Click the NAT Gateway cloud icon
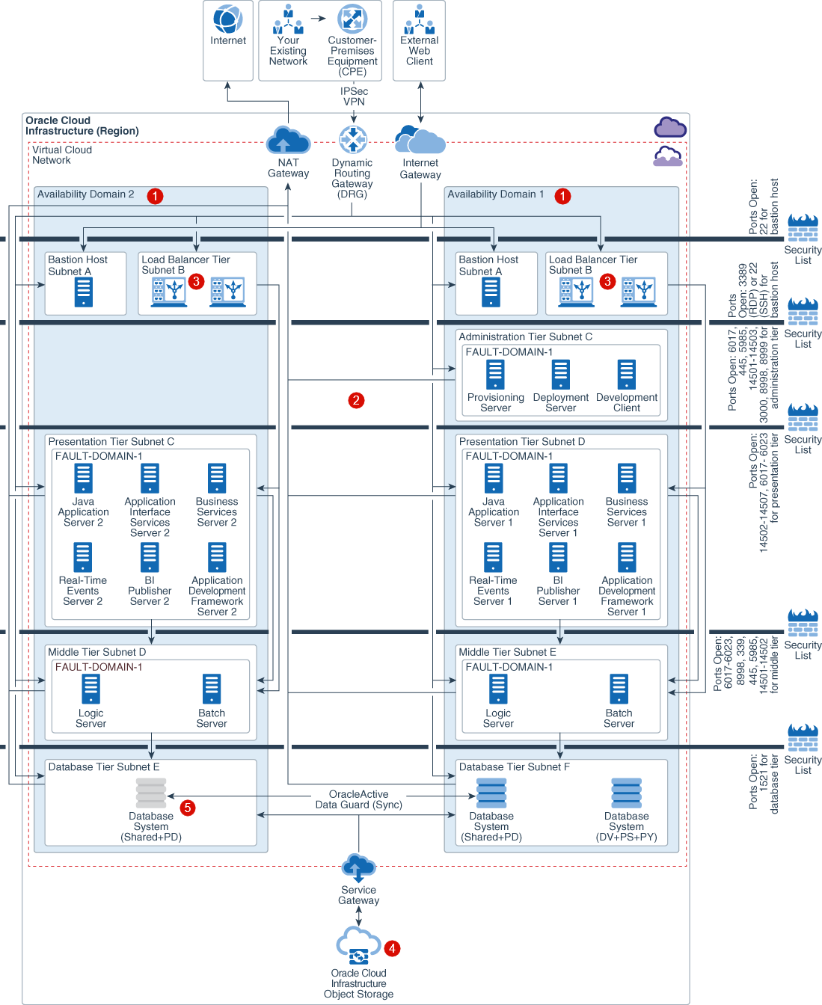(288, 141)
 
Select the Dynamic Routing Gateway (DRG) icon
(352, 140)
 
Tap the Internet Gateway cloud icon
(420, 141)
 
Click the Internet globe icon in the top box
(227, 19)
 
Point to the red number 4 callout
(392, 948)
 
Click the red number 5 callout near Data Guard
(188, 808)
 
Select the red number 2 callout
(356, 400)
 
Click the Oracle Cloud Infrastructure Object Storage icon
(358, 947)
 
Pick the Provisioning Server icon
(495, 375)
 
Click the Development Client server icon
(626, 375)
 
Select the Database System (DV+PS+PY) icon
(626, 793)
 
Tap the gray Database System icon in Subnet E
(151, 793)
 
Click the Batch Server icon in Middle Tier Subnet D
(212, 689)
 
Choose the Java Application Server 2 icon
(83, 479)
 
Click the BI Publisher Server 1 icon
(558, 557)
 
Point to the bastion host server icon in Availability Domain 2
(84, 292)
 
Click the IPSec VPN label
(354, 96)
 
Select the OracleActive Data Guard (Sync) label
(358, 799)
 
